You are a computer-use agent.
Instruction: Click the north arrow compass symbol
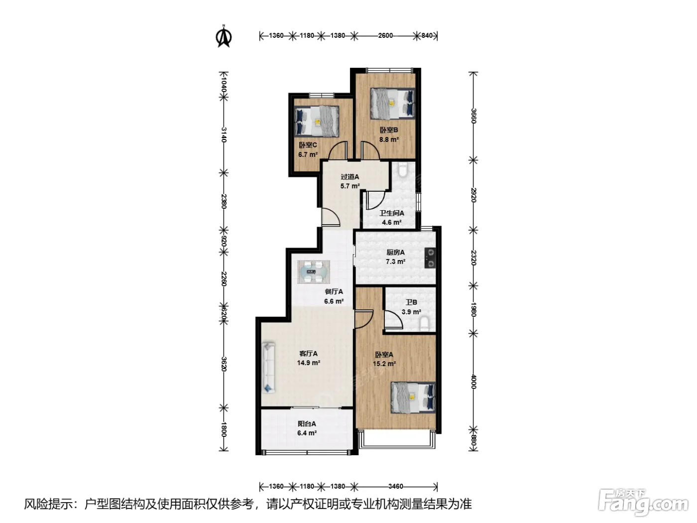click(224, 36)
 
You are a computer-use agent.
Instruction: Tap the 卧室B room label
click(389, 130)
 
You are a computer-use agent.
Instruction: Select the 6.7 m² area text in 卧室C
click(308, 154)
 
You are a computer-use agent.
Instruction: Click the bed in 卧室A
click(413, 397)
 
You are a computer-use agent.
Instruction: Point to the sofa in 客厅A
click(269, 368)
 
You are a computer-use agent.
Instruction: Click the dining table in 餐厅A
click(314, 272)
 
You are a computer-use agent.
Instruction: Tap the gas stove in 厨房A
click(430, 258)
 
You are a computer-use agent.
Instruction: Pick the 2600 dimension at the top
click(385, 35)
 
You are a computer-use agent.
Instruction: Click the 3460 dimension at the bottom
click(395, 486)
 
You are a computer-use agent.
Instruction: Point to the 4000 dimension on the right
click(473, 382)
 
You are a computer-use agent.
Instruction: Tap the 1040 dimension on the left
click(224, 85)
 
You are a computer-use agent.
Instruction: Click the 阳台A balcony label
click(306, 423)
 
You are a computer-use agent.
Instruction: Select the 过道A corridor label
click(349, 177)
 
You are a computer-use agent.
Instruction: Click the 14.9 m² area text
click(308, 363)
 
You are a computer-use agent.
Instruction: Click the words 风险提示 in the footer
click(48, 504)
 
